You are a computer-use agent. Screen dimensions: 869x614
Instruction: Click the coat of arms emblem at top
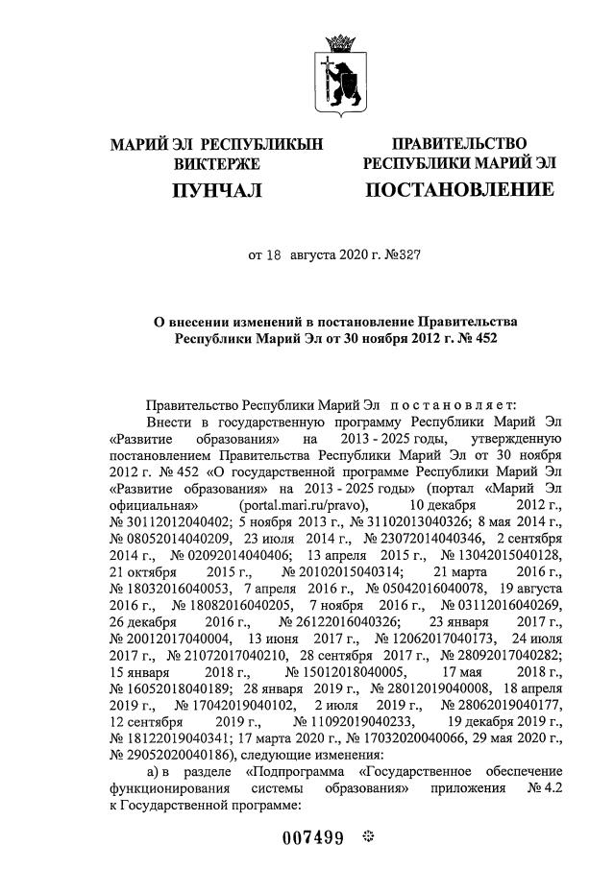pos(338,72)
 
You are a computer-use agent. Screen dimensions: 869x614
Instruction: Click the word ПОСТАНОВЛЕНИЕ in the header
pos(459,190)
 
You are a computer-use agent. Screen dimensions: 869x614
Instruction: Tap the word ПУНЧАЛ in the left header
pos(216,190)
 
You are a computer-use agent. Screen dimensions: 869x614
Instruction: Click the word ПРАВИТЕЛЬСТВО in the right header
pos(459,144)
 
